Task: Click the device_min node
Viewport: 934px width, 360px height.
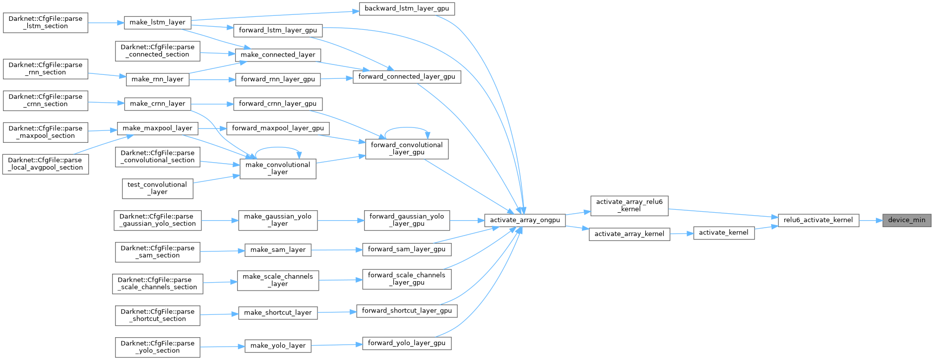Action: pos(907,220)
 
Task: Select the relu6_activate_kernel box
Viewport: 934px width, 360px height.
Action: pos(818,220)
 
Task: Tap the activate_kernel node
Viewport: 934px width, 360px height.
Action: pos(724,233)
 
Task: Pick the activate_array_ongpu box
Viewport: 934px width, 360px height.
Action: pos(525,220)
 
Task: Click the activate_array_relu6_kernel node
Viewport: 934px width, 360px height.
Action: pos(629,205)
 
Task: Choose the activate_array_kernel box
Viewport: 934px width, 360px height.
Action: pos(629,234)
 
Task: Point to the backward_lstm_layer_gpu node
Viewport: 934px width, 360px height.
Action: pos(406,8)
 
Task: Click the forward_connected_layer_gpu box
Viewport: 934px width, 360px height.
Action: pos(406,77)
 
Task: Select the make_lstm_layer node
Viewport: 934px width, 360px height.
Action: pos(157,22)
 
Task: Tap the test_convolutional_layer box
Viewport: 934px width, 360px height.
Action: pos(157,188)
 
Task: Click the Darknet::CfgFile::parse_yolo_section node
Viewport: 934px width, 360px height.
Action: pos(157,347)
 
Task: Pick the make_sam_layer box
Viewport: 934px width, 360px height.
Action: pos(278,250)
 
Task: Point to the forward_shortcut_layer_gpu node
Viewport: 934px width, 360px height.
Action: pos(406,311)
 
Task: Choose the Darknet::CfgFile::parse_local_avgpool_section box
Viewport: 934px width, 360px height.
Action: pos(46,164)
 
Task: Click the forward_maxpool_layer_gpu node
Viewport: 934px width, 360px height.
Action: pos(278,128)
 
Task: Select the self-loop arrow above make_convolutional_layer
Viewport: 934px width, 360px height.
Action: pos(278,147)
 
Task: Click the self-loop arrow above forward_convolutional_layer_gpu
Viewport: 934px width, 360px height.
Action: pos(407,127)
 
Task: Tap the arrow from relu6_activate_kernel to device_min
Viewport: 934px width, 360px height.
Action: pos(871,220)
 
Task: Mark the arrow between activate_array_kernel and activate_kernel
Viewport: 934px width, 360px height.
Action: pos(682,233)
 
